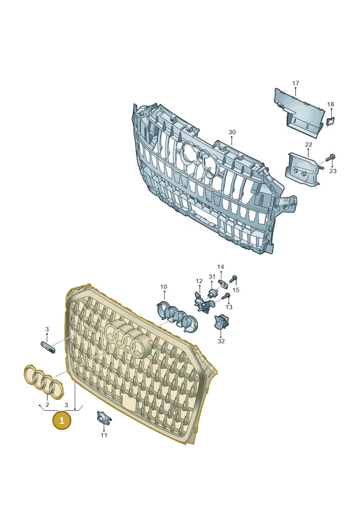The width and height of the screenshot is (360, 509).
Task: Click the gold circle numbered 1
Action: coord(62,420)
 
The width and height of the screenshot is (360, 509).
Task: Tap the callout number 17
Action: coord(295,83)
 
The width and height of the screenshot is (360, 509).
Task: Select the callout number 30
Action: coord(232,132)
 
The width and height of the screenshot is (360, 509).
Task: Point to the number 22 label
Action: coord(308,144)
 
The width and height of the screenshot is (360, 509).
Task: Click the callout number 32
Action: coord(221,341)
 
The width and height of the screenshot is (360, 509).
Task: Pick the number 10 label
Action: coord(164,287)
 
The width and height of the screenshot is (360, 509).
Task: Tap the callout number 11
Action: coord(103,435)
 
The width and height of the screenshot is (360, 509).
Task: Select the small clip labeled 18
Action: coord(330,122)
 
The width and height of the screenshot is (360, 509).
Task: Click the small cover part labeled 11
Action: coord(104,418)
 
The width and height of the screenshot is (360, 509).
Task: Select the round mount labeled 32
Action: coord(220,322)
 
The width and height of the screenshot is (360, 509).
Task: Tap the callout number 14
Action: coord(220,267)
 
